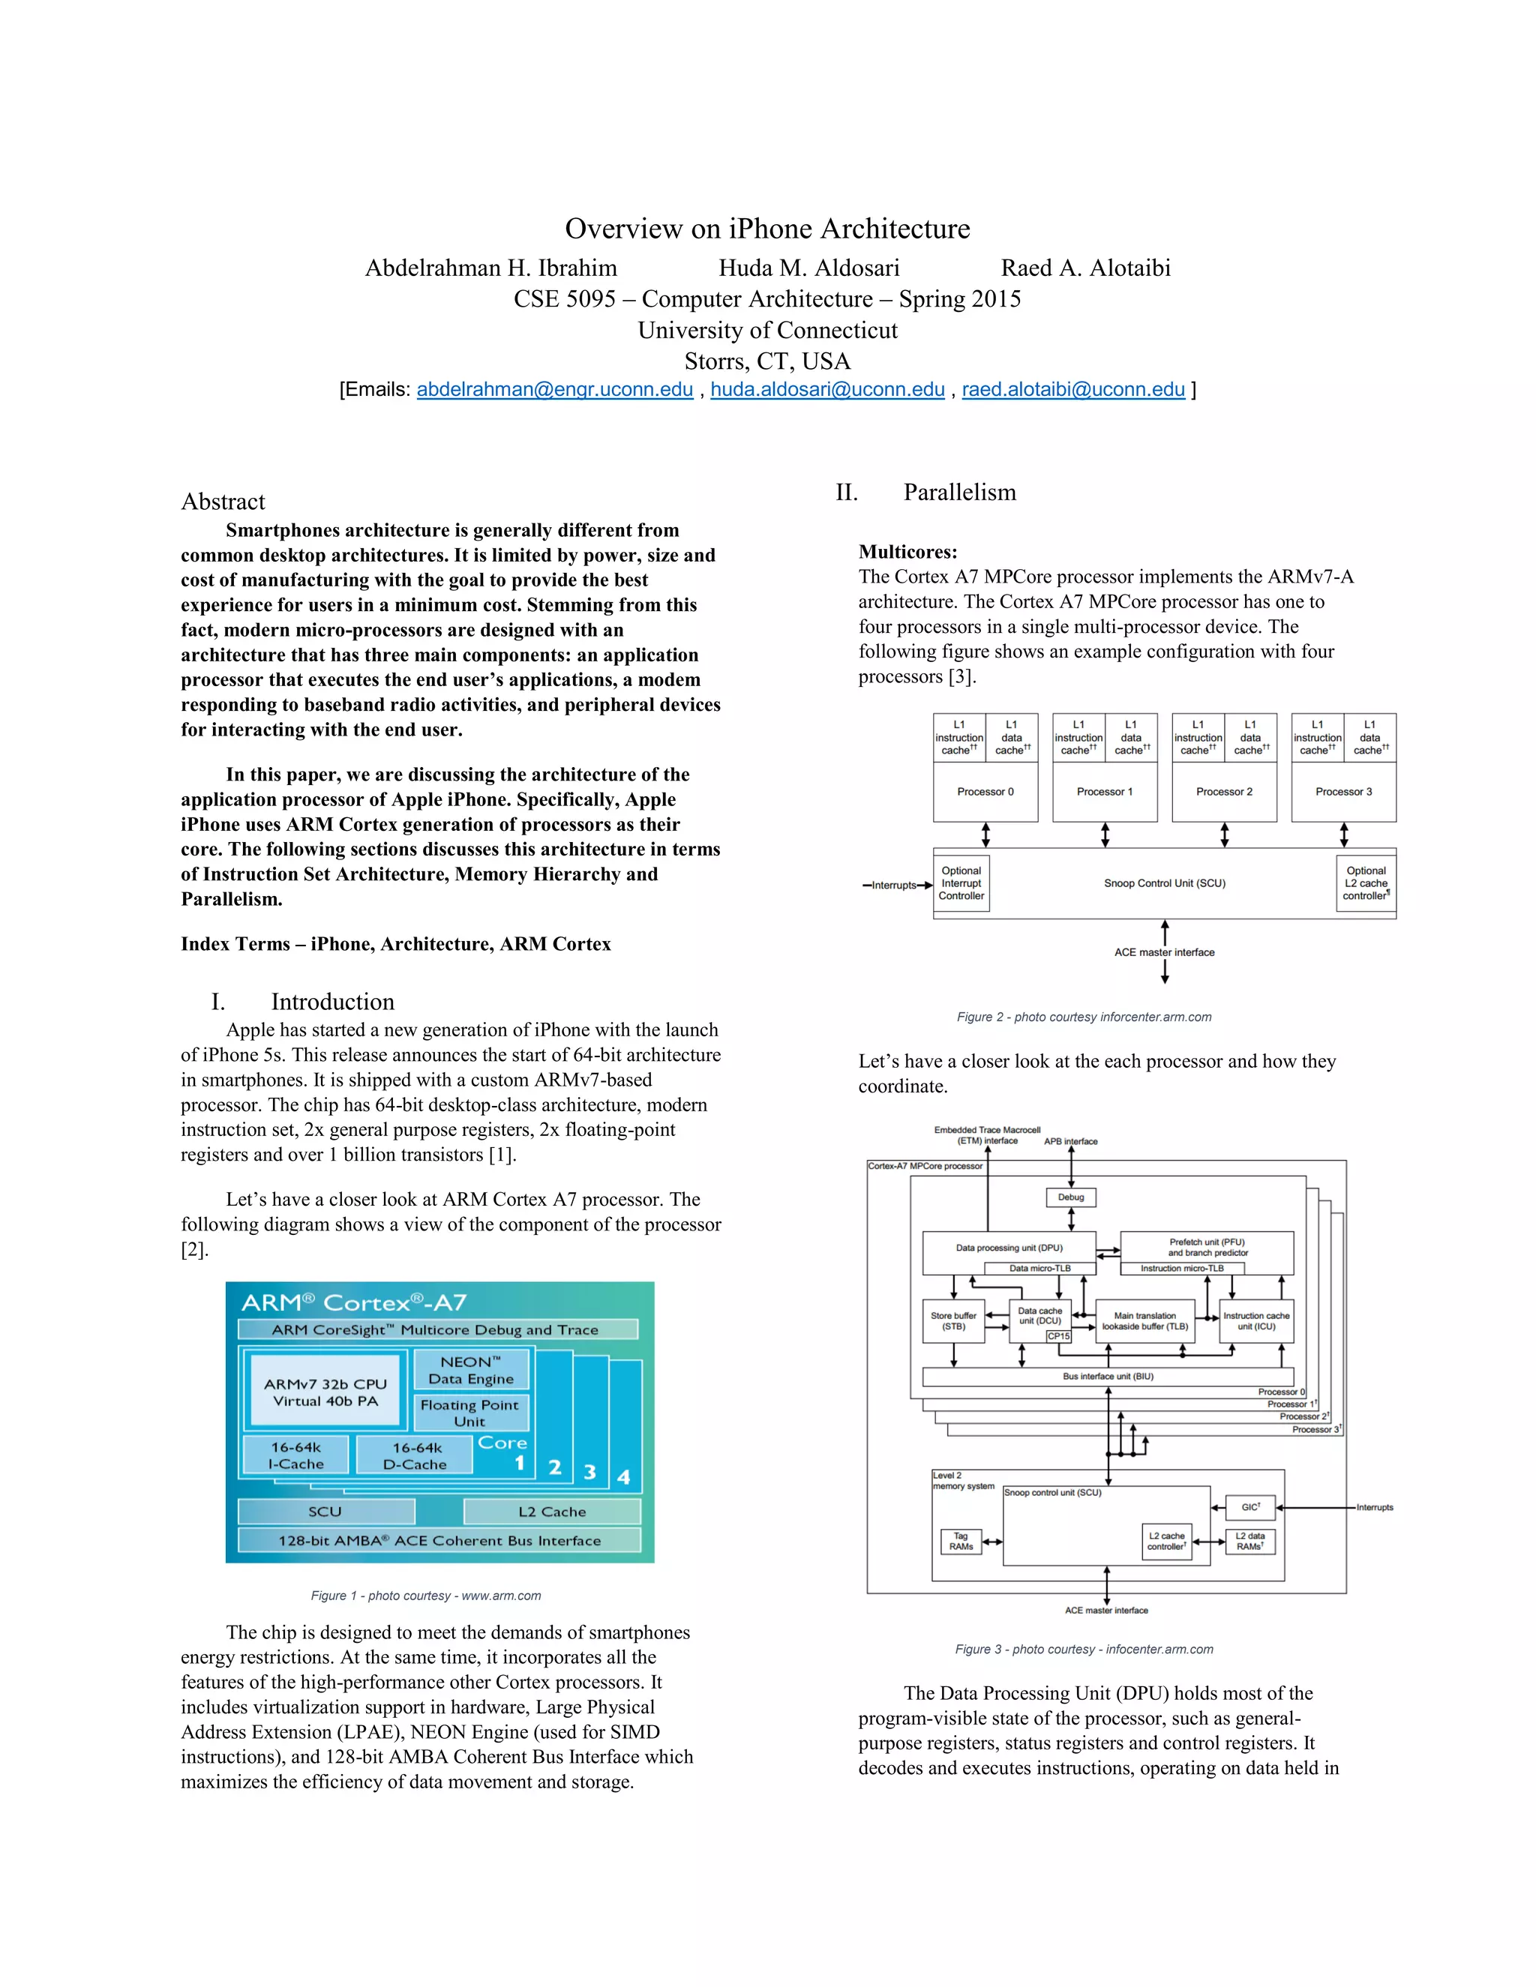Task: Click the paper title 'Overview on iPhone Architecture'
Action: click(767, 229)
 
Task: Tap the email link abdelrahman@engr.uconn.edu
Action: click(554, 389)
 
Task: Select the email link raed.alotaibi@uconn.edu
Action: click(1072, 389)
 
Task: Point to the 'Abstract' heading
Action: click(223, 502)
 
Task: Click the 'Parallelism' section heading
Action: click(959, 492)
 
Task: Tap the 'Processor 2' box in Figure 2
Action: click(1224, 792)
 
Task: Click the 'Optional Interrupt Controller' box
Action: click(961, 883)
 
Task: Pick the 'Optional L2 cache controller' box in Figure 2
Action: click(1366, 883)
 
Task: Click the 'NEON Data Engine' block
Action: click(470, 1370)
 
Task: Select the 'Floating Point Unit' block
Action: click(469, 1413)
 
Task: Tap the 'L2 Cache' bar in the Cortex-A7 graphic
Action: click(551, 1511)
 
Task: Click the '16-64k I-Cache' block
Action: click(295, 1455)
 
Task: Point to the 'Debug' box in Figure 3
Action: click(1070, 1197)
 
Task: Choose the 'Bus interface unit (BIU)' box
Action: click(1108, 1377)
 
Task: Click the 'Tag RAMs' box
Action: click(961, 1541)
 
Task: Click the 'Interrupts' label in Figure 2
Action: click(892, 886)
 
